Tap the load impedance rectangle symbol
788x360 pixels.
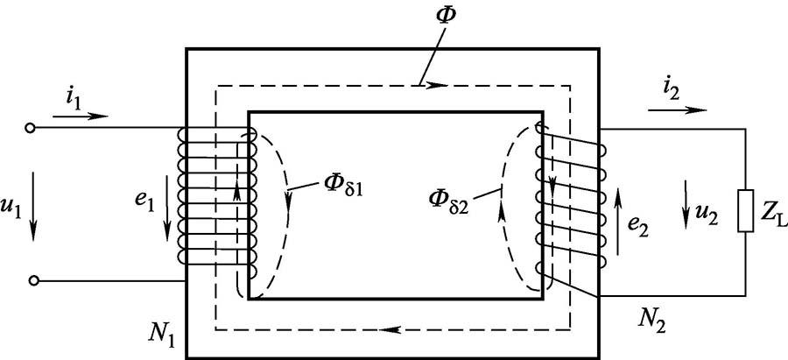pos(744,211)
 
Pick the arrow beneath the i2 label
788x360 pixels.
pos(677,111)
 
